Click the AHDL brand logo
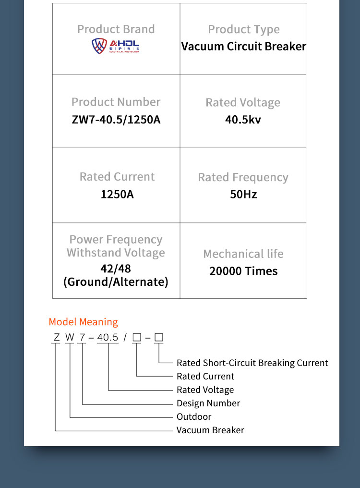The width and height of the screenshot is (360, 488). point(115,46)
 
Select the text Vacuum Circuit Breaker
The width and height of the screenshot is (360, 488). point(244,47)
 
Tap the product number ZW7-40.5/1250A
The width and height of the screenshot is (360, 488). point(116,120)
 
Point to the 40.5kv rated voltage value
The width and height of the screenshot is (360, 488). point(243,120)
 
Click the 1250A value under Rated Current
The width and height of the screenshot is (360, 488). point(117,194)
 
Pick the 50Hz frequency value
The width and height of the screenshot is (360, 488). point(243,194)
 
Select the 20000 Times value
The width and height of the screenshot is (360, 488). point(243,271)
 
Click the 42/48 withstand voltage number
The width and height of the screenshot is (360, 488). point(116,268)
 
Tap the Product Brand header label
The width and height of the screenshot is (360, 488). point(116,29)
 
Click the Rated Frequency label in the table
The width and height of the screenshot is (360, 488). point(243,177)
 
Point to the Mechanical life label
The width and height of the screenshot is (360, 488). point(243,254)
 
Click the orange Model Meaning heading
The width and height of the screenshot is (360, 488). point(84,322)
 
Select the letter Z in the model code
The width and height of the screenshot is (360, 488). point(56,337)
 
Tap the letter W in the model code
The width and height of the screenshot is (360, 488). point(70,337)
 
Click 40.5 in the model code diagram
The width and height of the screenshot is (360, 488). point(108,337)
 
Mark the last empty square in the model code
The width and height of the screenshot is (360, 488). point(159,337)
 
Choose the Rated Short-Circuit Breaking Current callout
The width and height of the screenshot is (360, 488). point(252,363)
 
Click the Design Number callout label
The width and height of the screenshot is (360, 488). point(208,403)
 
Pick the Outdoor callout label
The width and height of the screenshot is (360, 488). point(194,416)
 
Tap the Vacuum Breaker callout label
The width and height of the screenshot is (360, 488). point(210,430)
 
